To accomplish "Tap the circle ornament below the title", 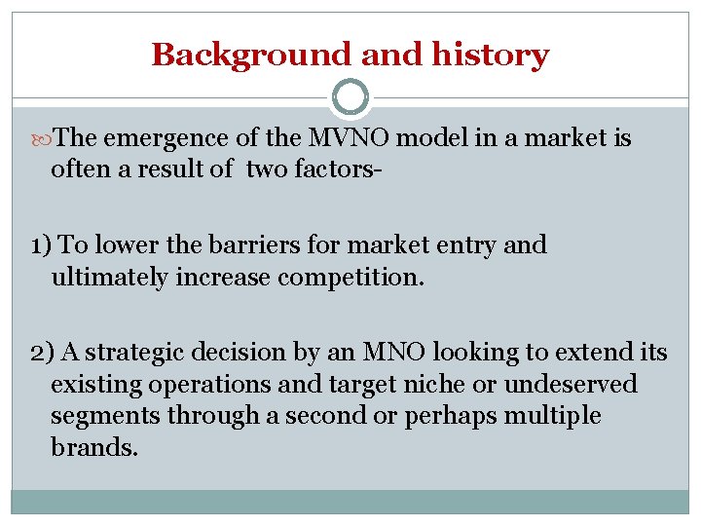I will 350,97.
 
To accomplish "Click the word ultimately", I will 109,277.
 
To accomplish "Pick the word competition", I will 351,277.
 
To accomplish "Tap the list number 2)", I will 43,353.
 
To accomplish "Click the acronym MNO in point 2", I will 386,353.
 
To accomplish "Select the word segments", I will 105,416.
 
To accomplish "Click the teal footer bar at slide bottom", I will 350,502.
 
